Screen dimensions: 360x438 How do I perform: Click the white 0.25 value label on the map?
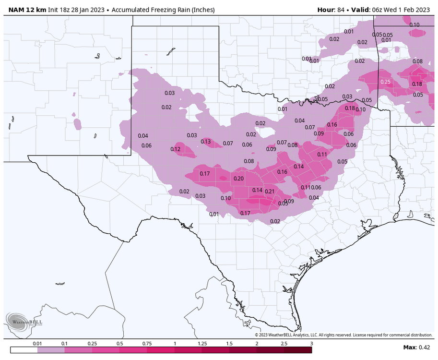click(385, 82)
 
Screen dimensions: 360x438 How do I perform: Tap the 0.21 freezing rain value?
click(269, 192)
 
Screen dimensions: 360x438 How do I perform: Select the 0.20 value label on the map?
click(238, 179)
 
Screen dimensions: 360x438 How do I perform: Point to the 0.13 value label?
click(205, 142)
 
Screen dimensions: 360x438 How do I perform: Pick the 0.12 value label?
click(175, 149)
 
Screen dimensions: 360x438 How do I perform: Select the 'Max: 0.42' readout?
click(416, 348)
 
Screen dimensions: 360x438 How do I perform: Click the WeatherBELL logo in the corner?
click(24, 320)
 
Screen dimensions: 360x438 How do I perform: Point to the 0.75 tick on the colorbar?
click(147, 344)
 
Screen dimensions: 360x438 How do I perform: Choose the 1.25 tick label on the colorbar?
click(201, 344)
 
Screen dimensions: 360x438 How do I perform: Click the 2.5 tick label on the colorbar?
click(284, 344)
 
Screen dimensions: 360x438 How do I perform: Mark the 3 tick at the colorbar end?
click(311, 344)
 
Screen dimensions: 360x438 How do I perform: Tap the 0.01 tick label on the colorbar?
click(37, 344)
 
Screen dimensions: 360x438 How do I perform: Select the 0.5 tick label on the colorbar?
click(119, 344)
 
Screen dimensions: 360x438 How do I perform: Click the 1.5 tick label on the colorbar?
click(229, 344)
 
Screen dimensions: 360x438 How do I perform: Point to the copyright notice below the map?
click(343, 335)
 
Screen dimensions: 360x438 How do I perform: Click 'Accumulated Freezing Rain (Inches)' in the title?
click(163, 10)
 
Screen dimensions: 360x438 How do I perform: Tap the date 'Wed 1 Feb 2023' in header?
click(406, 10)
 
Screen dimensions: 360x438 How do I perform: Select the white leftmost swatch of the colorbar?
click(24, 350)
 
